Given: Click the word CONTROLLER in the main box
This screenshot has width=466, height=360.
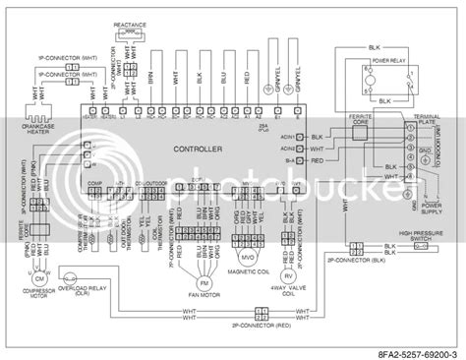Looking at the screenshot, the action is (194, 150).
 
